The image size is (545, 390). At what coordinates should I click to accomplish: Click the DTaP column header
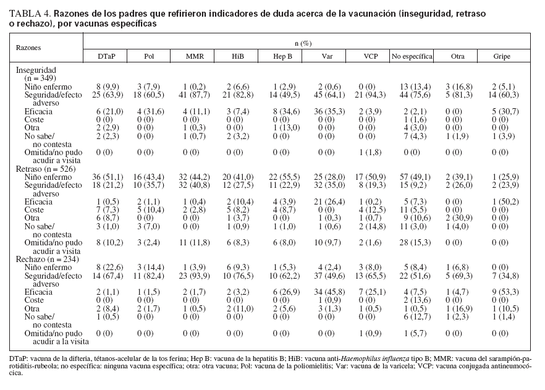click(105, 56)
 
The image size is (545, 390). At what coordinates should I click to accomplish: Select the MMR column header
click(195, 56)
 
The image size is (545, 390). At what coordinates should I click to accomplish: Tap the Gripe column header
click(502, 56)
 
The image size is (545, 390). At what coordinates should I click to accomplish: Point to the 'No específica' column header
click(411, 56)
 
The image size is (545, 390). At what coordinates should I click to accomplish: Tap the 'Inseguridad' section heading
click(36, 71)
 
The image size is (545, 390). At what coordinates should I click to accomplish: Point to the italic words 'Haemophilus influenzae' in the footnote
click(336, 358)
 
